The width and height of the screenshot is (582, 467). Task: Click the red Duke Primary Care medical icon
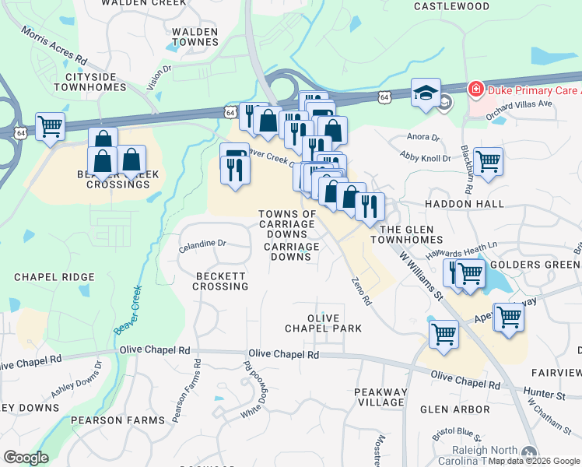click(x=474, y=89)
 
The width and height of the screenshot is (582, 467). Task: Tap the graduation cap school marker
click(x=426, y=93)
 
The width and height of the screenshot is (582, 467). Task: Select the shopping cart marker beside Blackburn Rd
click(x=488, y=162)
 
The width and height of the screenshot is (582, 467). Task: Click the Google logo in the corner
click(x=26, y=457)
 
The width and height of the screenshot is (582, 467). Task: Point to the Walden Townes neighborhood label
click(x=189, y=38)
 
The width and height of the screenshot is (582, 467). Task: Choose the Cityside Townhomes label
click(x=96, y=82)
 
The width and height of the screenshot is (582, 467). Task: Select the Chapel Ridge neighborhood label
click(x=54, y=277)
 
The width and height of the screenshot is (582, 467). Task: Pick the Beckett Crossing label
click(x=221, y=281)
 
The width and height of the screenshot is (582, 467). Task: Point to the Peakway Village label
click(x=380, y=397)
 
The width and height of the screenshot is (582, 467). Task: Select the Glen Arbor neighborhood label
click(x=455, y=409)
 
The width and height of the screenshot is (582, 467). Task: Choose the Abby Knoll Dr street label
click(x=426, y=158)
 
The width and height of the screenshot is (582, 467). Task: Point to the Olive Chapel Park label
click(x=335, y=324)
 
